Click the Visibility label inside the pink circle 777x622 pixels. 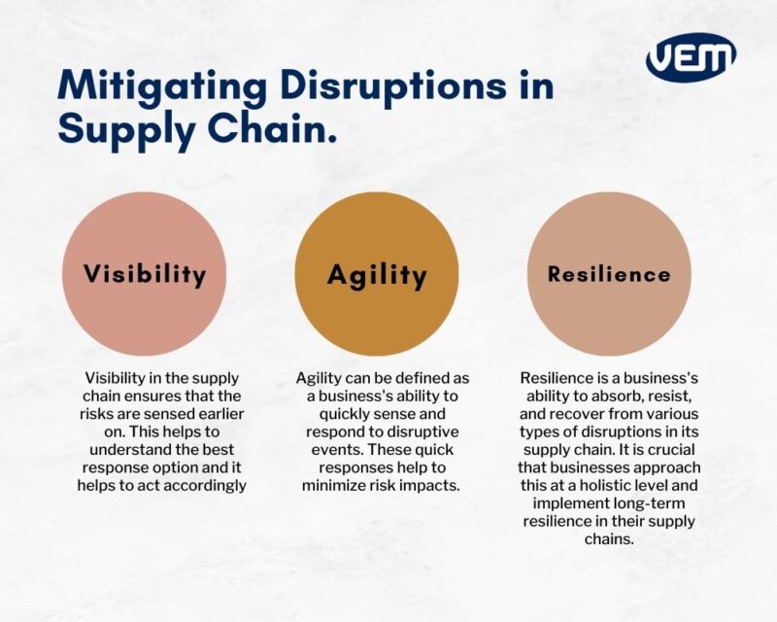pyautogui.click(x=145, y=274)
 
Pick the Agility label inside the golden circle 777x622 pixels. pyautogui.click(x=377, y=275)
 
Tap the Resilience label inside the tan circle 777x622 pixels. pyautogui.click(x=609, y=274)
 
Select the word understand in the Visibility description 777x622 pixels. pyautogui.click(x=126, y=449)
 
